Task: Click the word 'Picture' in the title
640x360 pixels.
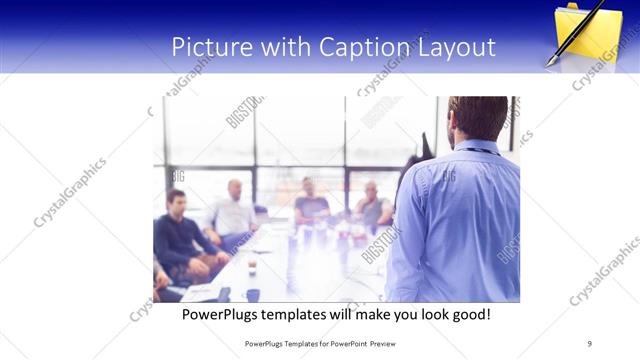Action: pyautogui.click(x=207, y=47)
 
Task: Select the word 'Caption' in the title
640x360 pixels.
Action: pyautogui.click(x=364, y=47)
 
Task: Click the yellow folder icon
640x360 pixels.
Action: pyautogui.click(x=590, y=32)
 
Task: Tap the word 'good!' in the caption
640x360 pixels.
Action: pyautogui.click(x=469, y=314)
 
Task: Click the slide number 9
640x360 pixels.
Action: pyautogui.click(x=589, y=343)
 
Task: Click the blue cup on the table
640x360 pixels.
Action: pyautogui.click(x=252, y=294)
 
